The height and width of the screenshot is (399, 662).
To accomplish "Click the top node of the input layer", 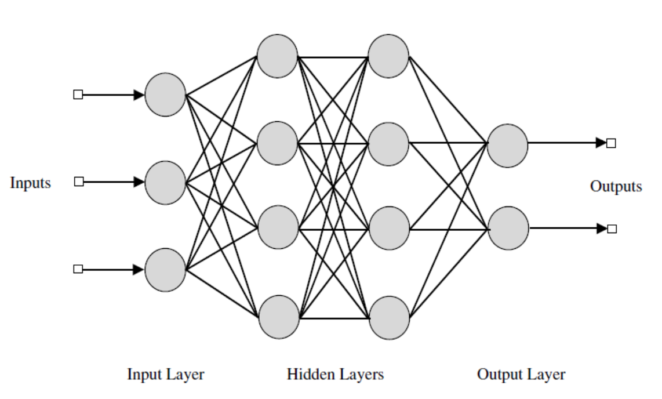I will coord(165,95).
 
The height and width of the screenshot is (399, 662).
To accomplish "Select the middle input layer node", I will coord(165,182).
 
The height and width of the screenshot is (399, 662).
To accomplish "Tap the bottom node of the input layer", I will coord(165,270).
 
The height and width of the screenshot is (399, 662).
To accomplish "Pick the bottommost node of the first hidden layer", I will coord(278,317).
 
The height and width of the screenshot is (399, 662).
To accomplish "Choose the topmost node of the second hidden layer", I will coord(389,57).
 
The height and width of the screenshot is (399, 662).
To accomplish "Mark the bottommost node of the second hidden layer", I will coord(389,317).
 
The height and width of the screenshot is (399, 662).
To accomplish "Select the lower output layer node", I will coord(508,228).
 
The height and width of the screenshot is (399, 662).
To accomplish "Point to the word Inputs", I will coord(30,183).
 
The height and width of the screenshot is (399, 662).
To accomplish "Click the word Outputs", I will coord(616,187).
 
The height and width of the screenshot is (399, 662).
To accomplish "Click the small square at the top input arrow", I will coord(78,95).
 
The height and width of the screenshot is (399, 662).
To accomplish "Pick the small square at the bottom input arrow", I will coord(78,269).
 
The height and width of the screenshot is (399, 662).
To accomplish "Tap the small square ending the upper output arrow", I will coord(611,143).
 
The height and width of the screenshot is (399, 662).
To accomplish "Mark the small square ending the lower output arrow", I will coord(611,228).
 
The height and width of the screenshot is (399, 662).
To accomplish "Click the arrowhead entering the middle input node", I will coord(139,182).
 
